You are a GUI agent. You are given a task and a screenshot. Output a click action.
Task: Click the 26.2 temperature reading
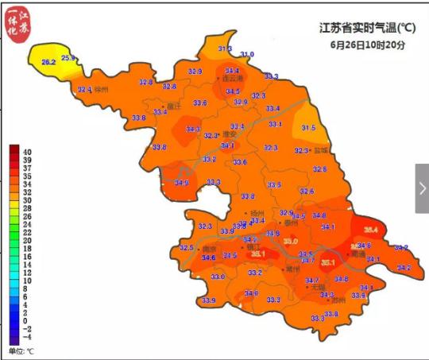[48, 62]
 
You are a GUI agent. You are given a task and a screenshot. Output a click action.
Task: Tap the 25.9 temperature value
[68, 58]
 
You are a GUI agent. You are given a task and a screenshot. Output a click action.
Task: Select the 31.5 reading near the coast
[308, 128]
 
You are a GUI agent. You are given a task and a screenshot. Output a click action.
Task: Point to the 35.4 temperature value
[370, 230]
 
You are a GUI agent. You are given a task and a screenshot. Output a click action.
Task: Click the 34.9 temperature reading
[181, 184]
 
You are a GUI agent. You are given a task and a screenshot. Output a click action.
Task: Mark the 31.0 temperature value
[247, 54]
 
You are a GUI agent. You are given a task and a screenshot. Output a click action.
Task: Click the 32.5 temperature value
[187, 249]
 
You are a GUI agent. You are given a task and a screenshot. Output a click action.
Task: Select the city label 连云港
[232, 79]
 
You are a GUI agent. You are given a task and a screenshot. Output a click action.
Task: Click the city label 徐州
[100, 90]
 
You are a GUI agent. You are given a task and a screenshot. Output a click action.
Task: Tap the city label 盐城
[321, 150]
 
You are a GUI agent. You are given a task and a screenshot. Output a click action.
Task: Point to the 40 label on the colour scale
[26, 151]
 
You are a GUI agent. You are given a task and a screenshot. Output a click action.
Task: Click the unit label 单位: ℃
[21, 350]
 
